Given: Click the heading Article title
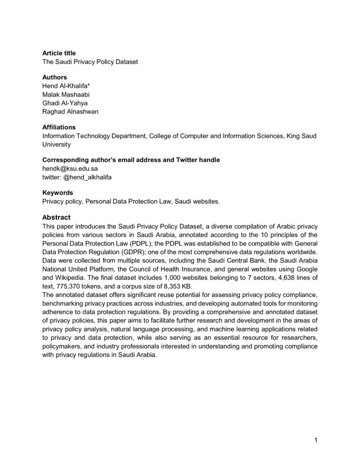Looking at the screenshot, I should click(59, 53).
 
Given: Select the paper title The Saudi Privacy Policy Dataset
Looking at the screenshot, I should click(90, 61).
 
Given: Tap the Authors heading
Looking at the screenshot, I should click(54, 77).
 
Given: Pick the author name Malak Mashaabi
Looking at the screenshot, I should click(66, 94).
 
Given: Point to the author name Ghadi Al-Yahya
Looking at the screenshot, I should click(65, 103).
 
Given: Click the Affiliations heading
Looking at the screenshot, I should click(59, 127).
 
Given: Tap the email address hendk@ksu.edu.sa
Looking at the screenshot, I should click(70, 168).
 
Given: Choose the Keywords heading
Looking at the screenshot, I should click(58, 193).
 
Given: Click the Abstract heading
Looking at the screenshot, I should click(56, 217).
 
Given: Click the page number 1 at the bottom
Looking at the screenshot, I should click(316, 440).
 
